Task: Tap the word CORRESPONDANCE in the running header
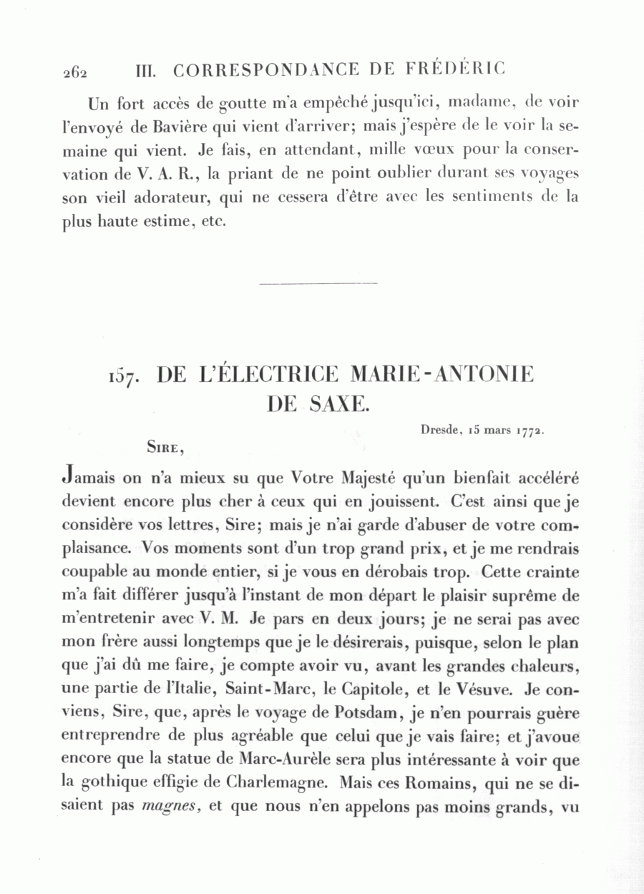coord(265,70)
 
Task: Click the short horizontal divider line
coord(318,284)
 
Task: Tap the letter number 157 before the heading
coord(124,377)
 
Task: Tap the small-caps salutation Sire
coord(166,448)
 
